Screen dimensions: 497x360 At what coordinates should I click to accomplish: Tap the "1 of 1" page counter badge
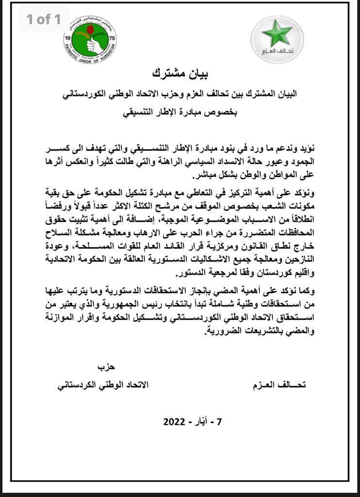point(44,19)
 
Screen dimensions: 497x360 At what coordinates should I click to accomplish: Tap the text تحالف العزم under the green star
point(278,50)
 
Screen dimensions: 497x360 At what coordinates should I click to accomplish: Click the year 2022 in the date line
point(176,421)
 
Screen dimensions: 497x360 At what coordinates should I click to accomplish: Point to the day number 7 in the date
point(219,421)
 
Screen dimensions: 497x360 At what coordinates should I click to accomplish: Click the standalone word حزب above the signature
point(107,366)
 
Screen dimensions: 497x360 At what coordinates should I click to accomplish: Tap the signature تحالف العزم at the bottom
point(280,385)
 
